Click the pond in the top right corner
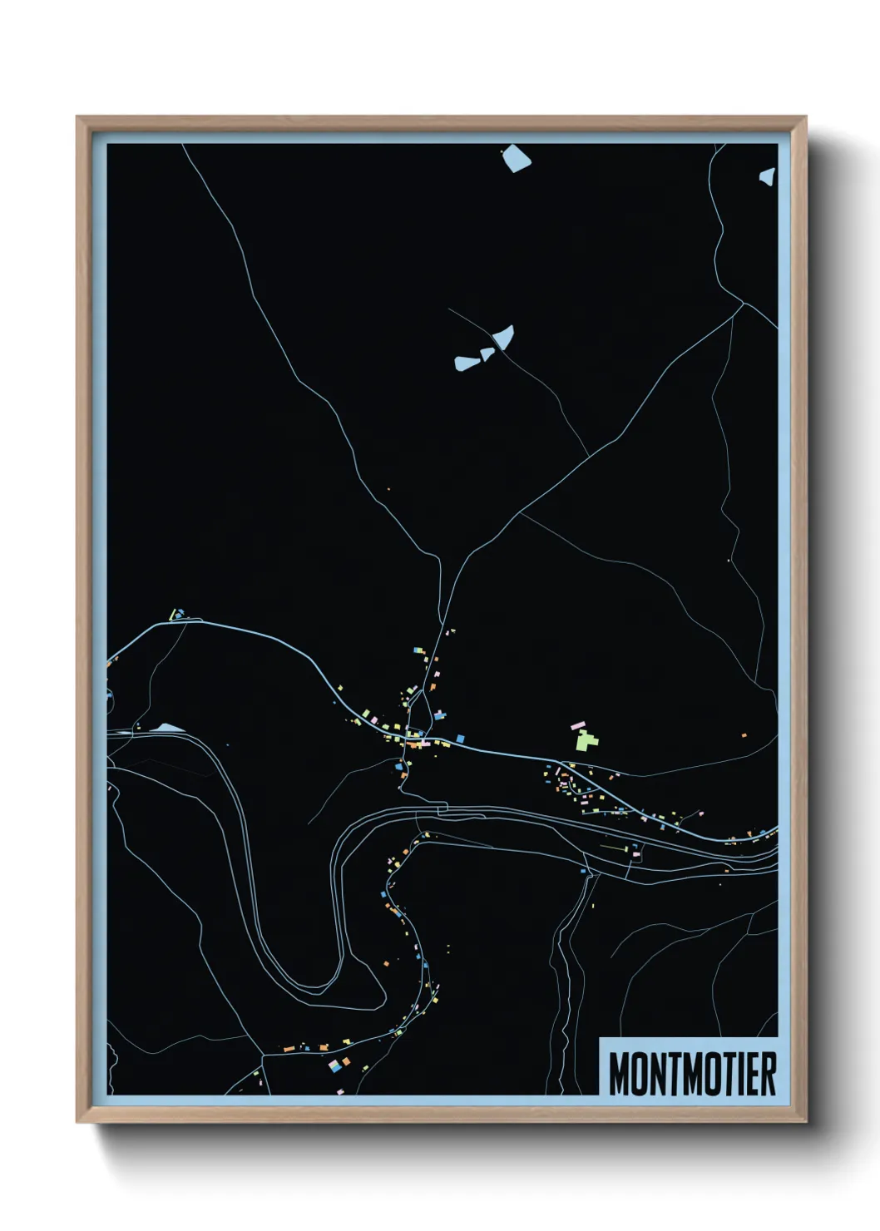(767, 176)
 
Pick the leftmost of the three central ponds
(466, 363)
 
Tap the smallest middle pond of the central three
(487, 353)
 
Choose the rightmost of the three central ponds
(504, 336)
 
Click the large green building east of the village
(586, 739)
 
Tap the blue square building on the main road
(460, 738)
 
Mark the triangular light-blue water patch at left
(169, 728)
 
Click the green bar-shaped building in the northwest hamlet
(172, 615)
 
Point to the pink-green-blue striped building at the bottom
(334, 1065)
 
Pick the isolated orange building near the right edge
(744, 734)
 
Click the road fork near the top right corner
(743, 303)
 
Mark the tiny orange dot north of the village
(388, 489)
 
